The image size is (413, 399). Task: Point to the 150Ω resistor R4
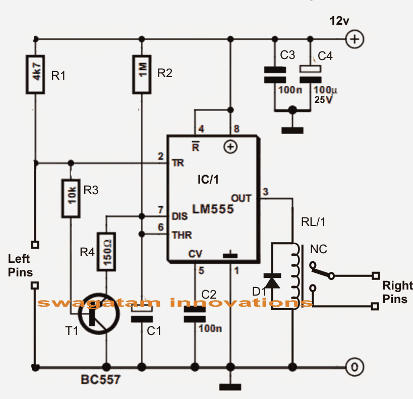pos(106,251)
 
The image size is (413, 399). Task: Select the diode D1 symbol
pos(273,281)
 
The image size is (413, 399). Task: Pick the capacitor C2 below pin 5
pos(195,315)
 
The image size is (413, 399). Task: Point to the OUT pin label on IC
pos(241,198)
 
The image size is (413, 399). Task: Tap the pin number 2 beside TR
pos(161,157)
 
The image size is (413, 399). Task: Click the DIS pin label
pos(180,216)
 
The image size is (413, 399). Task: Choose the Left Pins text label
pos(21,266)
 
